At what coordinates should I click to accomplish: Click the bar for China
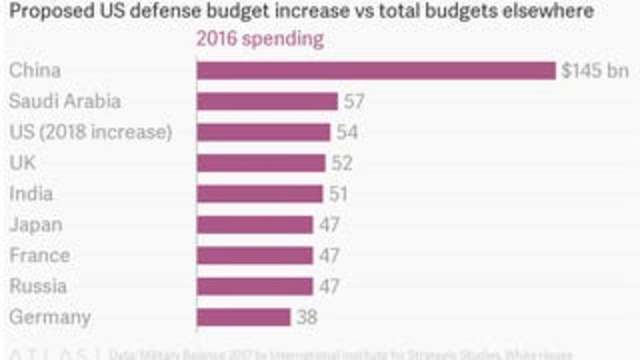[x=376, y=70]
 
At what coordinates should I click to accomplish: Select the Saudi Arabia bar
[x=267, y=101]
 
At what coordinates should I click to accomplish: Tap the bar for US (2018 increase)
[x=263, y=132]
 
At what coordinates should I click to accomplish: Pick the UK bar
[x=261, y=163]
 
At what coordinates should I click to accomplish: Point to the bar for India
[x=260, y=194]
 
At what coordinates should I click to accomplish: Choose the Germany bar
[x=243, y=317]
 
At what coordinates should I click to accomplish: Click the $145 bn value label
[x=595, y=70]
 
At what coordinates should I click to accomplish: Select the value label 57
[x=354, y=101]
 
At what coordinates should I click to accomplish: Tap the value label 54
[x=347, y=132]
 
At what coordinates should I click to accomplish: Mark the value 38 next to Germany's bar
[x=307, y=317]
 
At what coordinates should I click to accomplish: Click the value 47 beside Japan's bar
[x=329, y=225]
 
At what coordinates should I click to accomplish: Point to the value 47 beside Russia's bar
[x=329, y=286]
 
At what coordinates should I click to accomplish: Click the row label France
[x=39, y=255]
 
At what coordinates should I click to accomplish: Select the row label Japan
[x=36, y=225]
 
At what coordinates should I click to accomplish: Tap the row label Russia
[x=38, y=286]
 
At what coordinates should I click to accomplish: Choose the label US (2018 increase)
[x=91, y=132]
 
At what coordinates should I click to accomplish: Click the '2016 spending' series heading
[x=260, y=39]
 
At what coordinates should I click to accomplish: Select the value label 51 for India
[x=338, y=194]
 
